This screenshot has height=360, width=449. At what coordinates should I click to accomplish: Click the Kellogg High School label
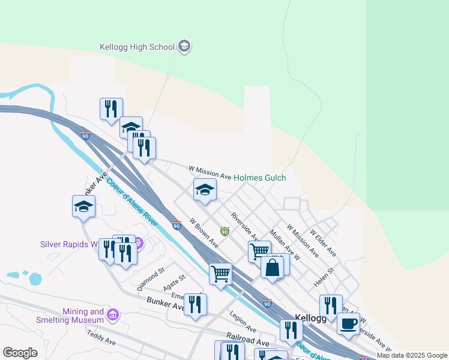[x=137, y=47]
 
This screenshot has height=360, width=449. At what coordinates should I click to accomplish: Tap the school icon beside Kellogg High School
[x=184, y=47]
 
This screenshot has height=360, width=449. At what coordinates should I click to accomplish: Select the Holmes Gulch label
[x=259, y=178]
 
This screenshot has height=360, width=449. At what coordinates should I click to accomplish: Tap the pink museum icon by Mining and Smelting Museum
[x=112, y=315]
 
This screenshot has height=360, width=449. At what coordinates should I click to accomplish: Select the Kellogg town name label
[x=310, y=318]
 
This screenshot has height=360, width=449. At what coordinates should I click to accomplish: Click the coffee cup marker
[x=348, y=323]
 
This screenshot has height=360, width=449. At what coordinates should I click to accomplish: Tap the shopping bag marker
[x=272, y=267]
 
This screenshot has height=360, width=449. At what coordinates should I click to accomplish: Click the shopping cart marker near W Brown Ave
[x=220, y=274]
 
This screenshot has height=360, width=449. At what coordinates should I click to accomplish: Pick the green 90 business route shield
[x=224, y=231]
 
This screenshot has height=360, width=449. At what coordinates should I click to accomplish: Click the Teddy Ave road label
[x=101, y=339]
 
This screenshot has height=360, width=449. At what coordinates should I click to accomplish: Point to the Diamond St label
[x=151, y=276]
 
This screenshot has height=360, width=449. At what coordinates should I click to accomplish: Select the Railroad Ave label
[x=247, y=340]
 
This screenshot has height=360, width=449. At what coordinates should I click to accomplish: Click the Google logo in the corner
[x=20, y=353]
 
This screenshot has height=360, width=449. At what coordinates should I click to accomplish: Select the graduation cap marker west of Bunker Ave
[x=83, y=206]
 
